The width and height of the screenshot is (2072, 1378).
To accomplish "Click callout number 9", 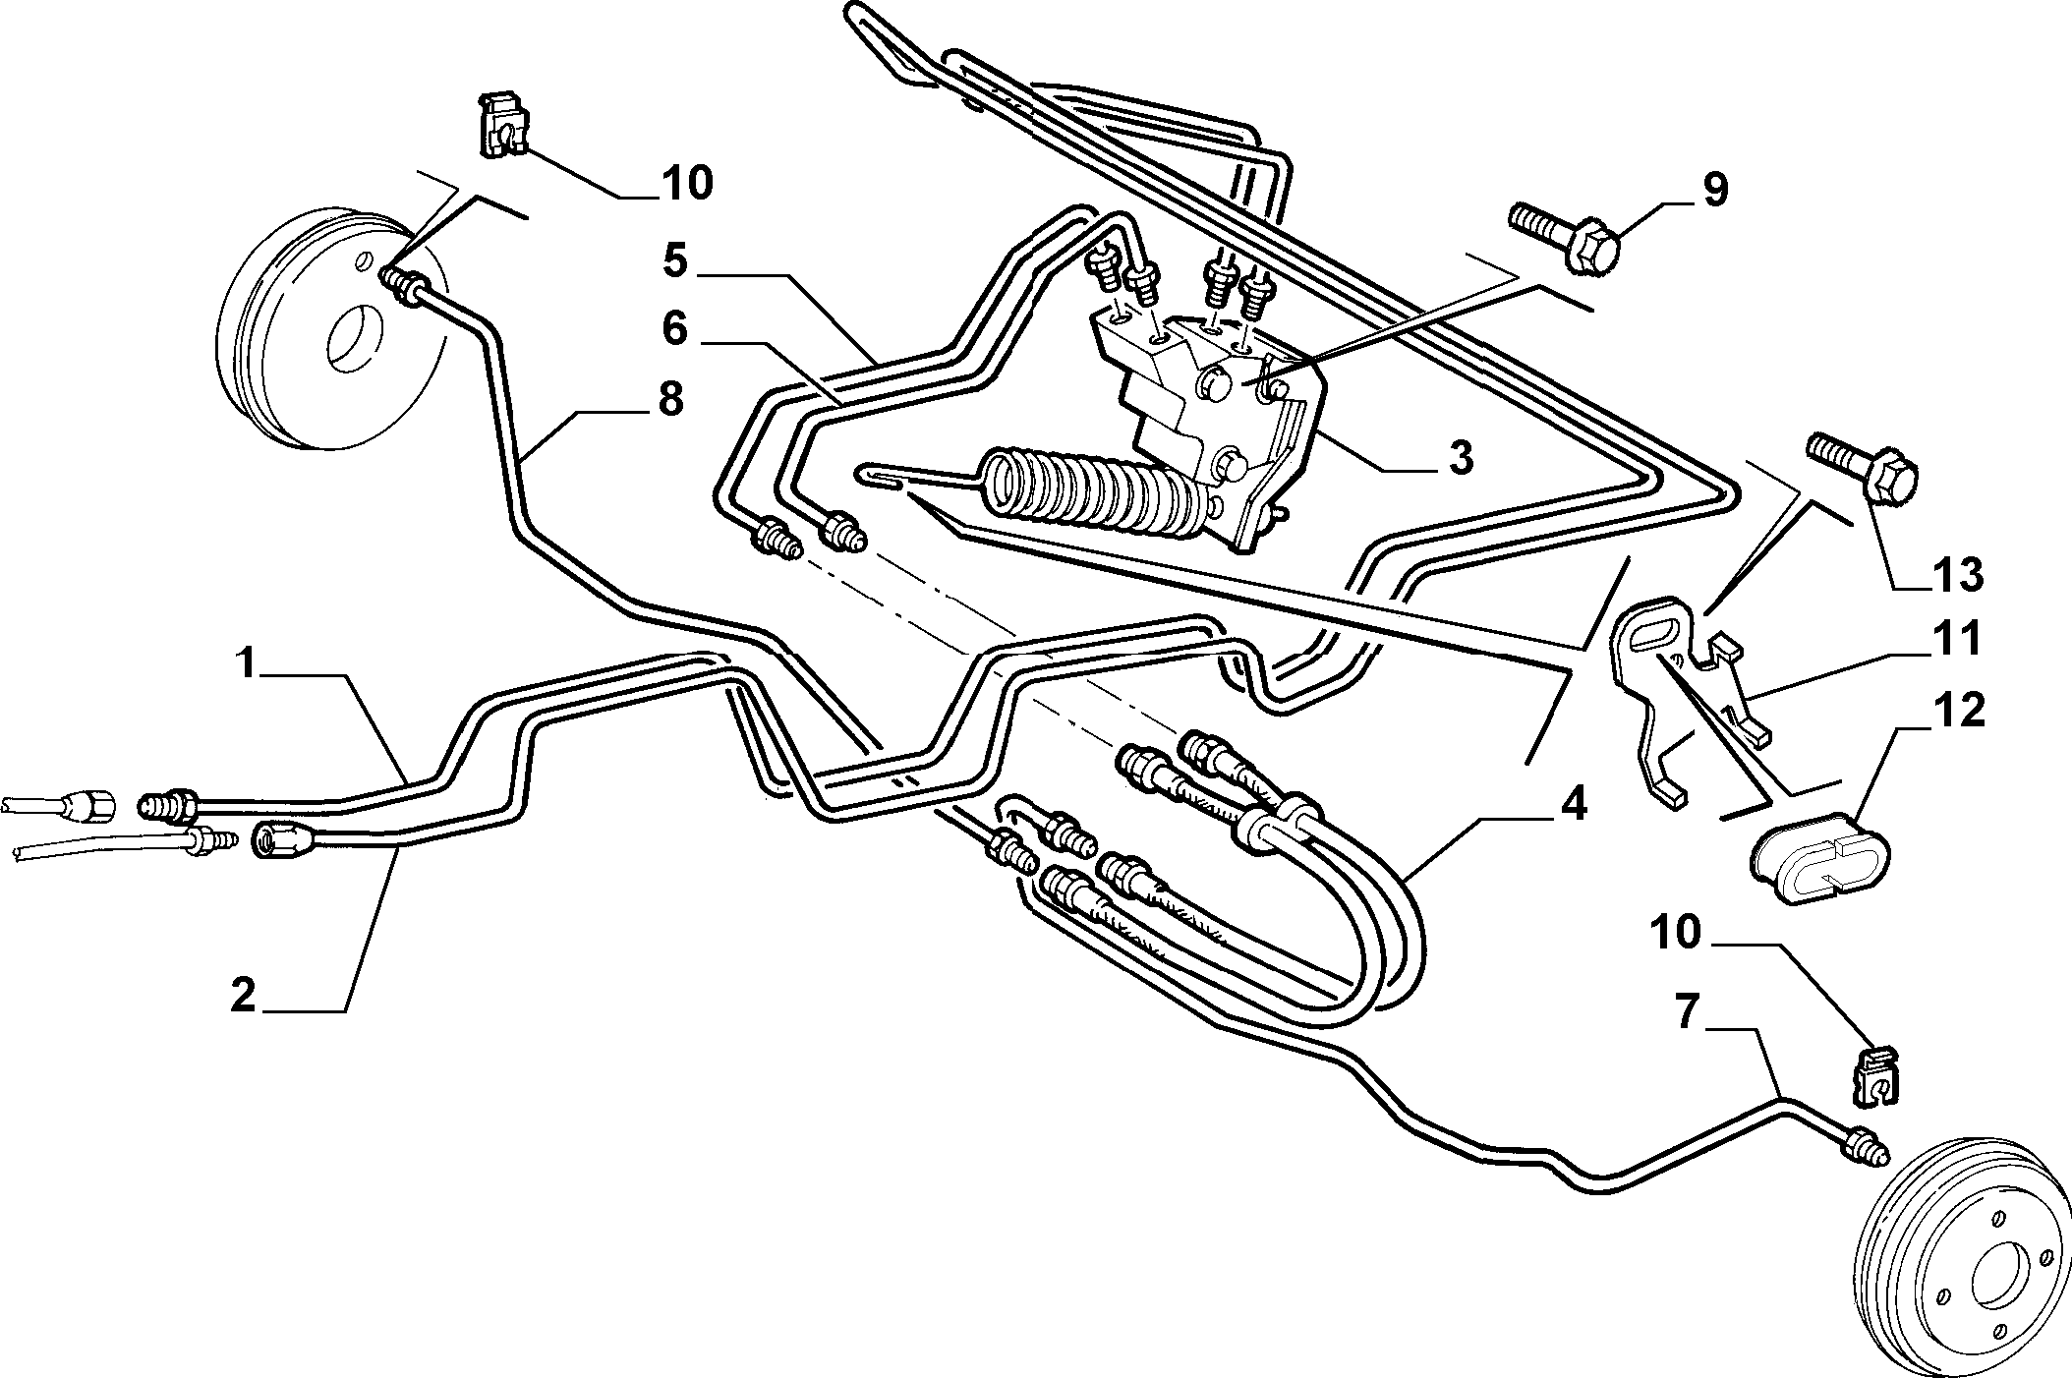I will (1714, 190).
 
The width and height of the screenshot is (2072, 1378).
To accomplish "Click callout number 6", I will (674, 329).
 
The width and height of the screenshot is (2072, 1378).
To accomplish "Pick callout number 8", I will (671, 401).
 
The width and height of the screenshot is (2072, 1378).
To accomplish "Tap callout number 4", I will (1572, 805).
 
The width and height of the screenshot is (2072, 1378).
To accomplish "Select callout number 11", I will (1955, 639).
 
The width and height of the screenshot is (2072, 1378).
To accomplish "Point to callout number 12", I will (1955, 711).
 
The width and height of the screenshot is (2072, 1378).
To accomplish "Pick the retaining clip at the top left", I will (502, 125).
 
